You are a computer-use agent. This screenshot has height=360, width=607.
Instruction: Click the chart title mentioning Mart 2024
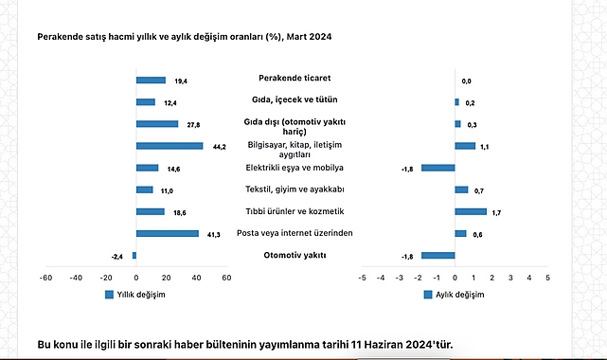[x=185, y=36]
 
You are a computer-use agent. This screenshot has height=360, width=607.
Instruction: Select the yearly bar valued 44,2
[x=170, y=146]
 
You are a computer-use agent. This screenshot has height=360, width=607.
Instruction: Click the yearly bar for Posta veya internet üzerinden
[x=168, y=233]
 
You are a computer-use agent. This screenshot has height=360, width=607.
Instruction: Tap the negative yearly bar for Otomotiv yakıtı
[x=134, y=256]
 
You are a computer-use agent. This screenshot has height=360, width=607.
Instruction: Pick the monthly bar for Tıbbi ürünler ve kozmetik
[x=471, y=211]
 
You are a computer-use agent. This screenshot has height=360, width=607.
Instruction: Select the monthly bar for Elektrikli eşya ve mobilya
[x=438, y=168]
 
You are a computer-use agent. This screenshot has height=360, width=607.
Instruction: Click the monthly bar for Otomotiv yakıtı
[x=438, y=255]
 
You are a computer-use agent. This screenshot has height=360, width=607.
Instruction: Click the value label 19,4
[x=181, y=81]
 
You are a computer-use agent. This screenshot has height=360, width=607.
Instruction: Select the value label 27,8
[x=193, y=125]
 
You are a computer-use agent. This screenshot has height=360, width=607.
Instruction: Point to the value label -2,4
[x=117, y=256]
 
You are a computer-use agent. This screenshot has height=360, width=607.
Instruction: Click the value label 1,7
[x=496, y=212]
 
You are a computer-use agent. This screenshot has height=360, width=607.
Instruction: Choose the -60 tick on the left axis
[x=45, y=278]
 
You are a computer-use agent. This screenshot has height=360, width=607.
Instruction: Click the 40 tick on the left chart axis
[x=196, y=278]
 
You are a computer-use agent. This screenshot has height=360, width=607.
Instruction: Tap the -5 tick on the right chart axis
[x=361, y=278]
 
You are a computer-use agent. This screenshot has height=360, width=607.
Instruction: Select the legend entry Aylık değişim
[x=453, y=295]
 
